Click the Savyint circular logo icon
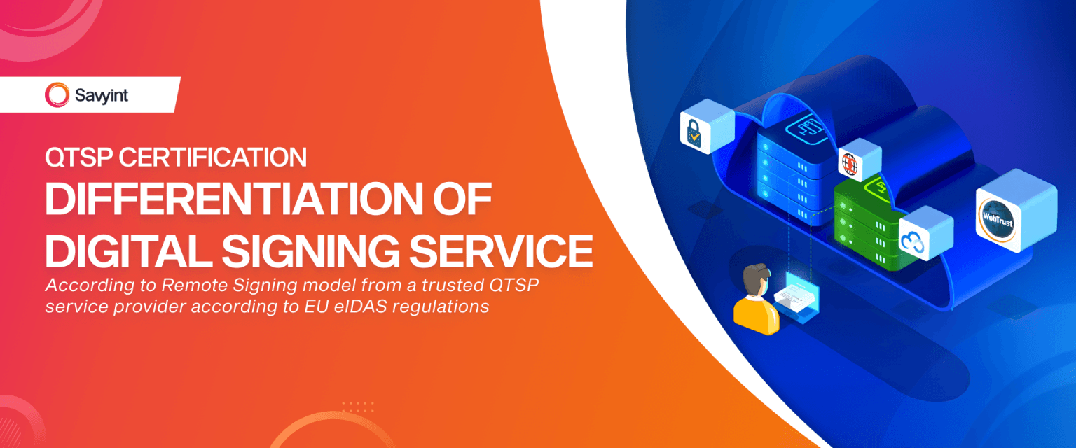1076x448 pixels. [x=57, y=94]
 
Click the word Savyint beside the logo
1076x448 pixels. [x=102, y=95]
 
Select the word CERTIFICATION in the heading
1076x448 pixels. [x=213, y=157]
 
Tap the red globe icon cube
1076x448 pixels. [x=850, y=164]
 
